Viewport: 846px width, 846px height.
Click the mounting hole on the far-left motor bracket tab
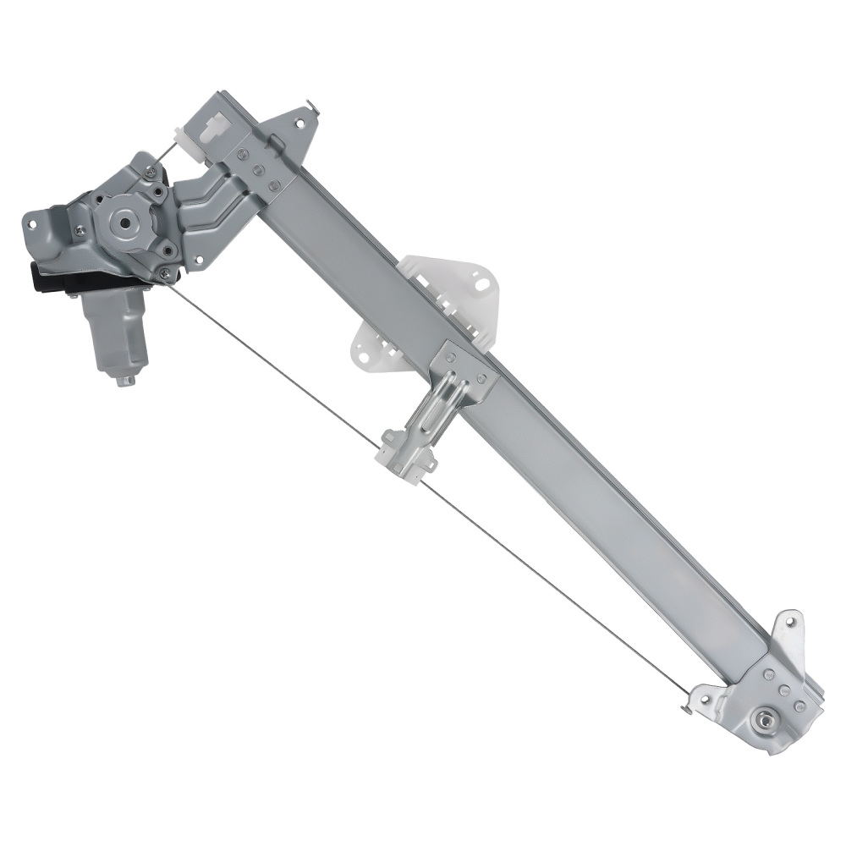(x=33, y=225)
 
